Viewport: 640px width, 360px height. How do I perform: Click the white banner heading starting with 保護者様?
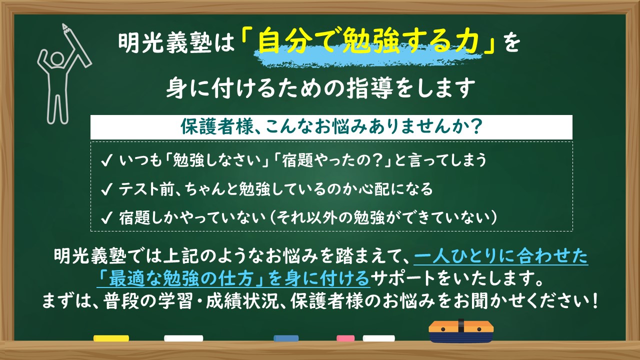(x=331, y=127)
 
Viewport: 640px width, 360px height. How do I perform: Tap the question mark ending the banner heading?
(x=476, y=127)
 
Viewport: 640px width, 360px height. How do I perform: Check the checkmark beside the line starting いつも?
(x=106, y=161)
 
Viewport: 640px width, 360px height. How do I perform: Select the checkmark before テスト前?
(x=106, y=189)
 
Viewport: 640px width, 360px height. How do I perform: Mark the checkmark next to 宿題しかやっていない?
(x=106, y=218)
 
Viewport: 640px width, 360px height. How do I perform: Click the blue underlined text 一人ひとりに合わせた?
(x=501, y=257)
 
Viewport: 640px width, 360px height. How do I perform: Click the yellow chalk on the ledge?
(x=111, y=338)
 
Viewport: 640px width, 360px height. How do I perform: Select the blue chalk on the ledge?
(x=286, y=338)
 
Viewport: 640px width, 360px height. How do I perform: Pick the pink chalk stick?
(x=345, y=338)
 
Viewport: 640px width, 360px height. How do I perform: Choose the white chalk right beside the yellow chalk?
(x=183, y=338)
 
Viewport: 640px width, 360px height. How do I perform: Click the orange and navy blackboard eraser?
(x=460, y=331)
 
